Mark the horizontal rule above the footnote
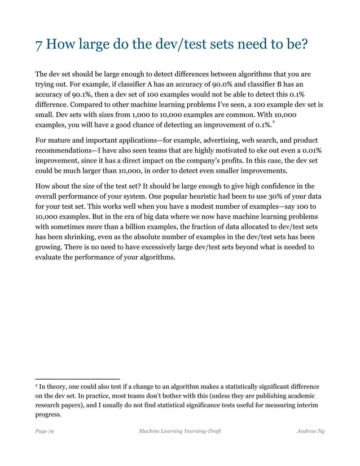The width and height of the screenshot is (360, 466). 77,379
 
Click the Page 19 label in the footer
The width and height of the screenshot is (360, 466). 45,432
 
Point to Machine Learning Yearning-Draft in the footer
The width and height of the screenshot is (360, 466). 179,432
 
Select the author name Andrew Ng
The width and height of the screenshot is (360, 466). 310,432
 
